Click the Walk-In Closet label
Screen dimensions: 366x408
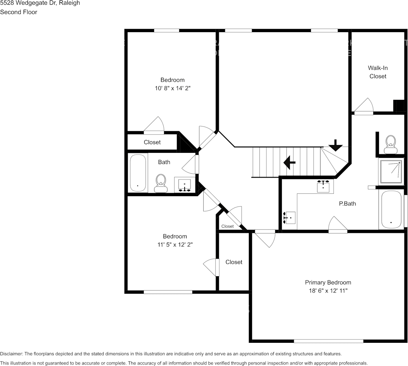click(377, 72)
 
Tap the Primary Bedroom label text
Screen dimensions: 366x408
click(328, 282)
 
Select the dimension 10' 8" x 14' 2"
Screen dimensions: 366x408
click(172, 88)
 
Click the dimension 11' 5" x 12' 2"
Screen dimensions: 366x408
click(175, 245)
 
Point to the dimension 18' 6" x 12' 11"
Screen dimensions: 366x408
click(328, 291)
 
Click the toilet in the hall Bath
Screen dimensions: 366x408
click(160, 183)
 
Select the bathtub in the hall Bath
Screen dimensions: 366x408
click(137, 173)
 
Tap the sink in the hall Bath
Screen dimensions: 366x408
click(185, 185)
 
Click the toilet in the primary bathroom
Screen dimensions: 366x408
click(391, 144)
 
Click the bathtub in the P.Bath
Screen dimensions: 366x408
click(391, 209)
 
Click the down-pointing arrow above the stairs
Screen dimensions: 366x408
click(335, 145)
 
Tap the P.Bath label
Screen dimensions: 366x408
click(347, 204)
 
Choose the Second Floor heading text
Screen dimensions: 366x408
click(19, 12)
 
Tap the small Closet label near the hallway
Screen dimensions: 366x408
click(228, 226)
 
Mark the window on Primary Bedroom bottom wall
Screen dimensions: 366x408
click(328, 341)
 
